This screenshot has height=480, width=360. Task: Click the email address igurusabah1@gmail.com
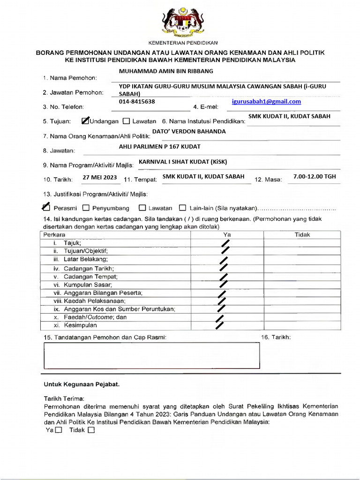(266, 102)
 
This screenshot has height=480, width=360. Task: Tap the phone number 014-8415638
(137, 102)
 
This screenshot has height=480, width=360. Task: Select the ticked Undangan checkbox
(85, 121)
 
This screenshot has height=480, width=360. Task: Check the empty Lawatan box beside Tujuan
(126, 121)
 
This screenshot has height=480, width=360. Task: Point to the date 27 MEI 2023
(99, 177)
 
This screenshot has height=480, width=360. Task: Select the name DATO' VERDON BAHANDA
(189, 132)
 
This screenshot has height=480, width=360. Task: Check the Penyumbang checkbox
(86, 208)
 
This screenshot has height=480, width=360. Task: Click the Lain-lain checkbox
(183, 208)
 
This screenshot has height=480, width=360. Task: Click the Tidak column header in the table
(302, 234)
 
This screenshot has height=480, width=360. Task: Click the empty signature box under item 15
(151, 355)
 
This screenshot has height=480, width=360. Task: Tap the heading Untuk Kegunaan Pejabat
(82, 384)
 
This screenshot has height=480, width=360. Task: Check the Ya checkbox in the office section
(59, 430)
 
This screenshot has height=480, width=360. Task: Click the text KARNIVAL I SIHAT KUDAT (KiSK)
(183, 162)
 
